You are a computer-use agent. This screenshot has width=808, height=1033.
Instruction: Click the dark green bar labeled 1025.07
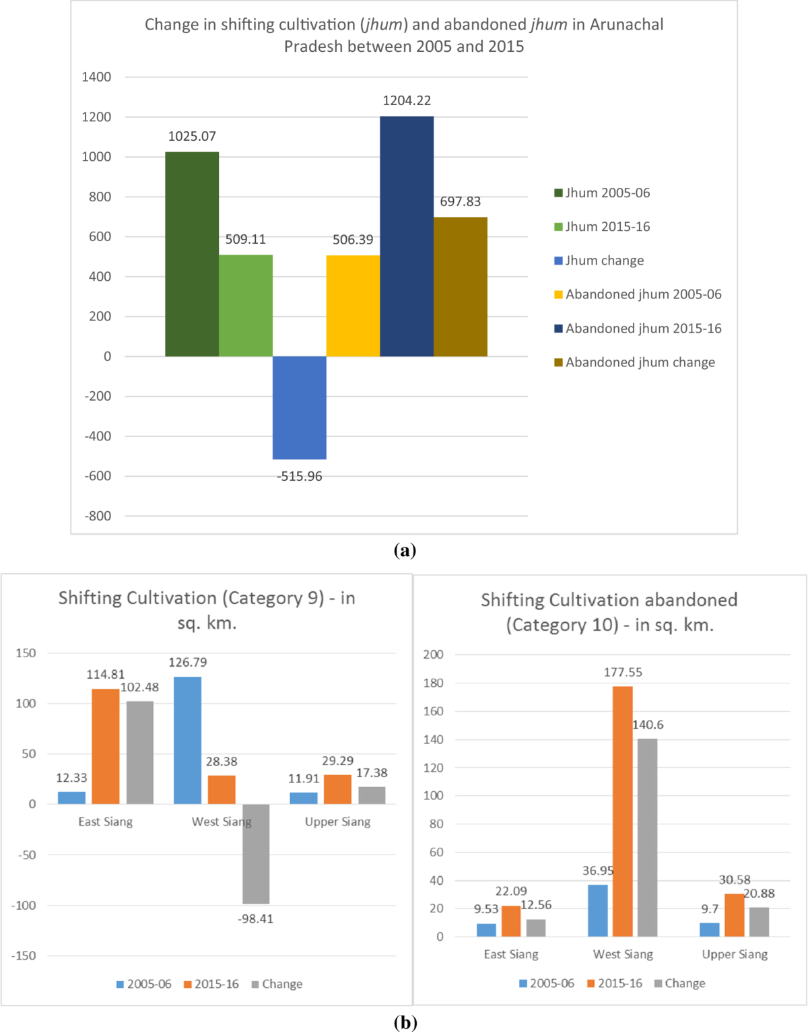(192, 254)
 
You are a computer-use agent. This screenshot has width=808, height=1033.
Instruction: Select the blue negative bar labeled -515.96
(300, 407)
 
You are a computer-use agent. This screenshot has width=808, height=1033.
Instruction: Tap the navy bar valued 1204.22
(407, 236)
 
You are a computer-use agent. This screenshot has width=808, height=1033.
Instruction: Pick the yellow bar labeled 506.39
(353, 306)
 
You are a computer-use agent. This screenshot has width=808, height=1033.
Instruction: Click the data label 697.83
(461, 201)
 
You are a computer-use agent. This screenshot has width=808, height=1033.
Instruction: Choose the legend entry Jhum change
(604, 261)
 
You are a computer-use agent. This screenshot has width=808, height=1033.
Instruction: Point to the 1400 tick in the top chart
(96, 77)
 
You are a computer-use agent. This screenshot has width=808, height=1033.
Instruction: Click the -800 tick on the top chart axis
(98, 516)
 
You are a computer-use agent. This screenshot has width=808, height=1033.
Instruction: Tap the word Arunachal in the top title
(626, 25)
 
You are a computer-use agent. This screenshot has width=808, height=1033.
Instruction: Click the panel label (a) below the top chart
(405, 550)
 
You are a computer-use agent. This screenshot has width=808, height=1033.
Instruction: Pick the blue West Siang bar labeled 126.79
(187, 740)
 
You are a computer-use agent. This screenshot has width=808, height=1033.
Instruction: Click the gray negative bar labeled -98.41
(256, 854)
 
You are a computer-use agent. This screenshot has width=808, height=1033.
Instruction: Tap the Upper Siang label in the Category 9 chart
(337, 822)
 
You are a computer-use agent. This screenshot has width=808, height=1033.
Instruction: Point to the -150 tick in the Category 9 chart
(24, 956)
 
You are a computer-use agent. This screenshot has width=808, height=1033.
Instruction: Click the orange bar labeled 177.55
(623, 811)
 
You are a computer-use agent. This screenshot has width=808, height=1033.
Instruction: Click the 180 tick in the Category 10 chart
(433, 683)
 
